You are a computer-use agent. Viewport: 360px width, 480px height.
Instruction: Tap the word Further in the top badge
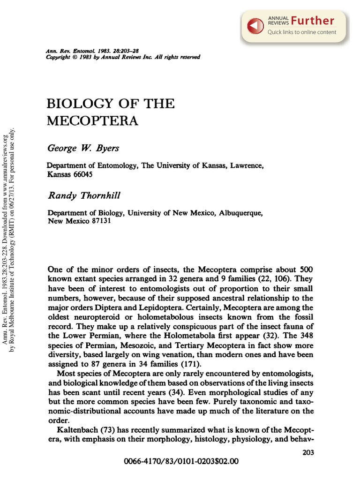click(312, 21)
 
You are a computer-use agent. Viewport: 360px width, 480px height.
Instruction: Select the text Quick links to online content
click(302, 32)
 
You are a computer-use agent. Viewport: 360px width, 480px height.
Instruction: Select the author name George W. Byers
click(83, 149)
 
